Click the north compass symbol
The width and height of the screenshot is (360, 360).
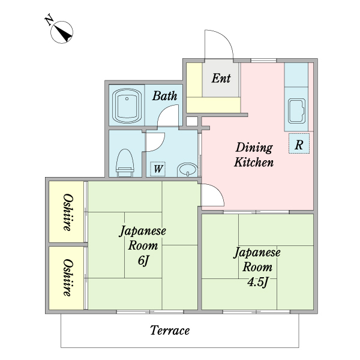(x=62, y=32)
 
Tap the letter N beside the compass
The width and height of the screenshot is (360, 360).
(x=49, y=20)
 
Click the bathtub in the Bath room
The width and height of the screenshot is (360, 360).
(x=127, y=106)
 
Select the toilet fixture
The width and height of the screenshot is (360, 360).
(x=125, y=163)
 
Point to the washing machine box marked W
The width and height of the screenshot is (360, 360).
(x=158, y=169)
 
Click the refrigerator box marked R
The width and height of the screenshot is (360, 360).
(x=299, y=143)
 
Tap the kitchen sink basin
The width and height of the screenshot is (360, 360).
(x=296, y=112)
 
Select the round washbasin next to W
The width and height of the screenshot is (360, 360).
(x=187, y=170)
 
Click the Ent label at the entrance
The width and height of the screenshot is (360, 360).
(x=221, y=78)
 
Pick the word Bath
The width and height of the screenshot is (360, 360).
(x=164, y=96)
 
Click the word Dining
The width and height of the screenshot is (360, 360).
(x=254, y=148)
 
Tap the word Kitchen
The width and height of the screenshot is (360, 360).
(x=254, y=163)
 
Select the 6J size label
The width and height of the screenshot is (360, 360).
(x=143, y=260)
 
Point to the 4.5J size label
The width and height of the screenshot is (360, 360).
(x=257, y=282)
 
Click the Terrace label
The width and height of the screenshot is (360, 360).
(x=170, y=331)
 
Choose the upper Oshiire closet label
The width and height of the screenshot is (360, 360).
(x=68, y=212)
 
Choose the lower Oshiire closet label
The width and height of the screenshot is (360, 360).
(x=68, y=278)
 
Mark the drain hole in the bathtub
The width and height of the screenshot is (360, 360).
(x=127, y=99)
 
